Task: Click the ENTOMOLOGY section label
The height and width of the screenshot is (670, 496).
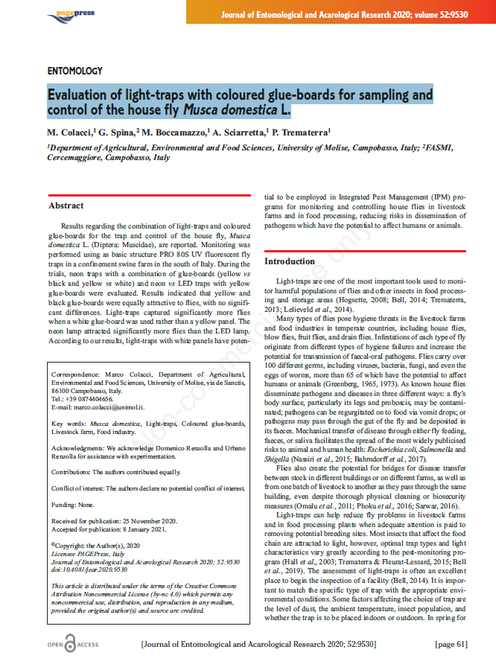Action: (x=74, y=71)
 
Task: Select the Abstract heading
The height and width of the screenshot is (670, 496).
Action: (x=66, y=205)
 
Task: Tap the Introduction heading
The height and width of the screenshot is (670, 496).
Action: (x=290, y=261)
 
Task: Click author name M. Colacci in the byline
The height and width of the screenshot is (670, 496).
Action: (x=71, y=132)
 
